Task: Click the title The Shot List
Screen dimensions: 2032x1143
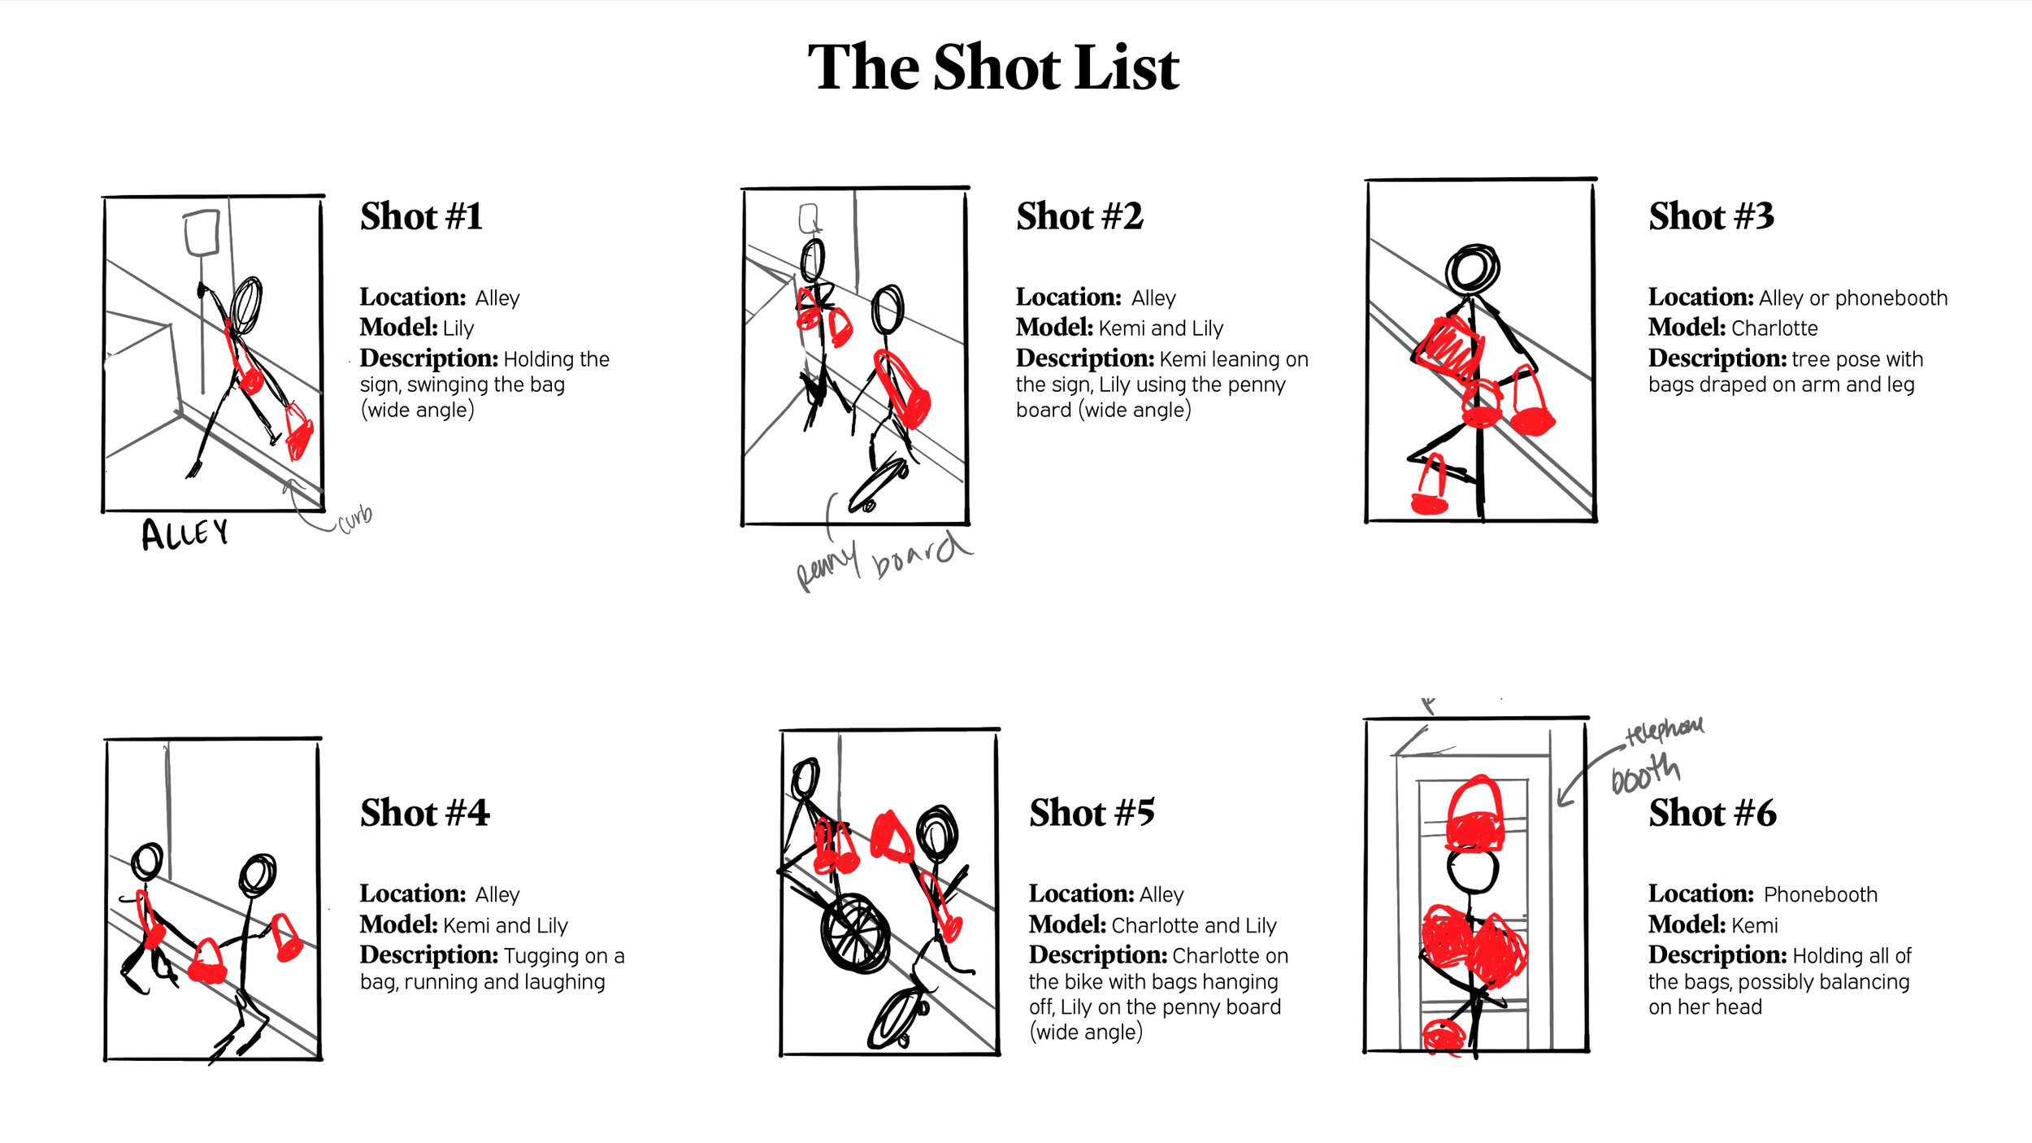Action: tap(992, 67)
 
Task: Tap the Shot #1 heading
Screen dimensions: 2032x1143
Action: tap(421, 216)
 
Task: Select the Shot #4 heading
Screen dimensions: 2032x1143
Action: tap(424, 813)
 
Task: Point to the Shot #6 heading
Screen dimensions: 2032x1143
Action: tap(1713, 813)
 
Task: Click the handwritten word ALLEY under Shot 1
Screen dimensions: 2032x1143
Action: tap(185, 534)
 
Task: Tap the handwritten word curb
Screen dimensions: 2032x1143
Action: tap(355, 518)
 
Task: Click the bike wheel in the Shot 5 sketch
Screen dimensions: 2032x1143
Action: tap(855, 934)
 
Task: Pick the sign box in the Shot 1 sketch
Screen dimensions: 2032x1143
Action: tap(202, 233)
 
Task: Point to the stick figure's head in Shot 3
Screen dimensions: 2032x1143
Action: tap(1472, 268)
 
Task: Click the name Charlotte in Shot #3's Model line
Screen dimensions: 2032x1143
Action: tap(1774, 328)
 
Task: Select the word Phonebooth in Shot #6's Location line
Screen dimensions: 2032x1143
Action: tap(1821, 894)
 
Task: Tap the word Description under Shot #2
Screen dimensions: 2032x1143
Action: tap(1085, 359)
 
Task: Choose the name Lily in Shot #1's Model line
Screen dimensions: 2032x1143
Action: tap(458, 328)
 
